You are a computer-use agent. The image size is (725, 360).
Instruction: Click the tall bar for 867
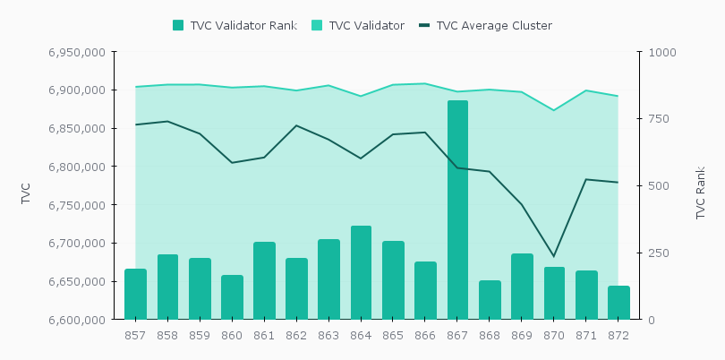tap(457, 210)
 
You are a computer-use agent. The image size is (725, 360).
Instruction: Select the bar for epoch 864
tap(361, 272)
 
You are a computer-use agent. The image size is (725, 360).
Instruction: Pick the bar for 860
tap(232, 297)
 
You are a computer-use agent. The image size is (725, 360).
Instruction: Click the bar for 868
tap(490, 300)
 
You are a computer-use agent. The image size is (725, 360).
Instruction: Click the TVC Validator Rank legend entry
tap(235, 25)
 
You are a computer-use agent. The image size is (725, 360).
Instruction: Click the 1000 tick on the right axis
tap(663, 53)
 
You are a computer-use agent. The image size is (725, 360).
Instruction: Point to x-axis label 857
tap(135, 335)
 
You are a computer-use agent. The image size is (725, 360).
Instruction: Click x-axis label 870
tap(554, 335)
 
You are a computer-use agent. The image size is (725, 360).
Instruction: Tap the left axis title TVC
tap(26, 193)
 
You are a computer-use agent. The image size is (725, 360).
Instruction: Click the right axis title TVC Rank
tap(701, 193)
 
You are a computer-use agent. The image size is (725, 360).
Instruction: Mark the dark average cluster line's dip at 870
tap(554, 256)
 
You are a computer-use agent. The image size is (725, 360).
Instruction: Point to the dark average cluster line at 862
tap(296, 125)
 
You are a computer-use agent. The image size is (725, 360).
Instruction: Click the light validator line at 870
tap(554, 110)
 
